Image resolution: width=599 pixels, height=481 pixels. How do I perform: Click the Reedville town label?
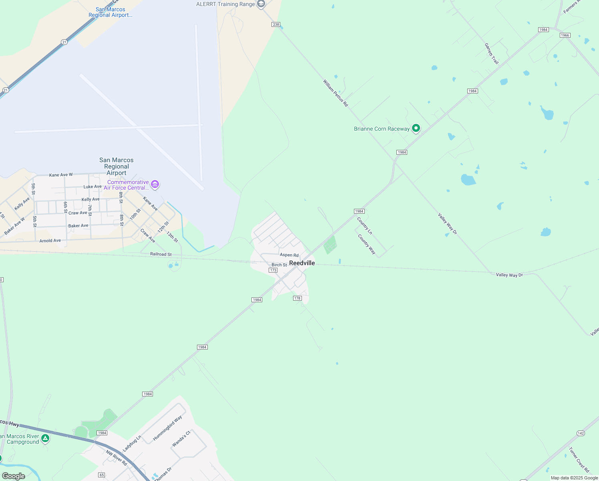click(x=302, y=263)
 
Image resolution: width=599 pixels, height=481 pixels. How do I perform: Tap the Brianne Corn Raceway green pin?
click(x=416, y=128)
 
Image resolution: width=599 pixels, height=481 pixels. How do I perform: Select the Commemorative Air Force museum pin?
click(x=155, y=184)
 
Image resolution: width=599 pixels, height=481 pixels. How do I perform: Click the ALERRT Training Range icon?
click(x=261, y=4)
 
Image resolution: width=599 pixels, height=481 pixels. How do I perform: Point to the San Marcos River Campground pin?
click(x=45, y=439)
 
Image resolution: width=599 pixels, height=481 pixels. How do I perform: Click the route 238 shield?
click(x=276, y=24)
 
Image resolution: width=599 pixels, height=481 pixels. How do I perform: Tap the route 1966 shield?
click(x=565, y=35)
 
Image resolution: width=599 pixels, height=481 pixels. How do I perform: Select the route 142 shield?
click(x=581, y=433)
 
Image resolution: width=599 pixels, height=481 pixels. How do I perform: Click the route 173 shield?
click(x=273, y=270)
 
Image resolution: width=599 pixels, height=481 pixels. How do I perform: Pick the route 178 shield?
click(x=297, y=298)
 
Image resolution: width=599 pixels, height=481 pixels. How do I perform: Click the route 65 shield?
click(x=102, y=475)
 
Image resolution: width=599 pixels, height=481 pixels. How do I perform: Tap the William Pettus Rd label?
click(x=336, y=93)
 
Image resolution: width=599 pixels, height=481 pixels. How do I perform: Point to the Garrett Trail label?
click(x=492, y=54)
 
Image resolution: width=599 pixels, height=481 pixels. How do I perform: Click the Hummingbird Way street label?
click(x=167, y=428)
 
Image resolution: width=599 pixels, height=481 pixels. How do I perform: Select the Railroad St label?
click(x=161, y=254)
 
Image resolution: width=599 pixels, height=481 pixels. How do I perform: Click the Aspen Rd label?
click(x=289, y=255)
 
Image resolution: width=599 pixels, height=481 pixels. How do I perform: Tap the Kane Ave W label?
click(x=61, y=175)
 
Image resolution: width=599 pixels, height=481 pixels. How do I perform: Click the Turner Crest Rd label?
click(x=579, y=460)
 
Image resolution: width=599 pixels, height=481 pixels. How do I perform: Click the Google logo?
click(x=14, y=476)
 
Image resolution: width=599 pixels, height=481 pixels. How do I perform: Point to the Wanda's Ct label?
click(x=181, y=439)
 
